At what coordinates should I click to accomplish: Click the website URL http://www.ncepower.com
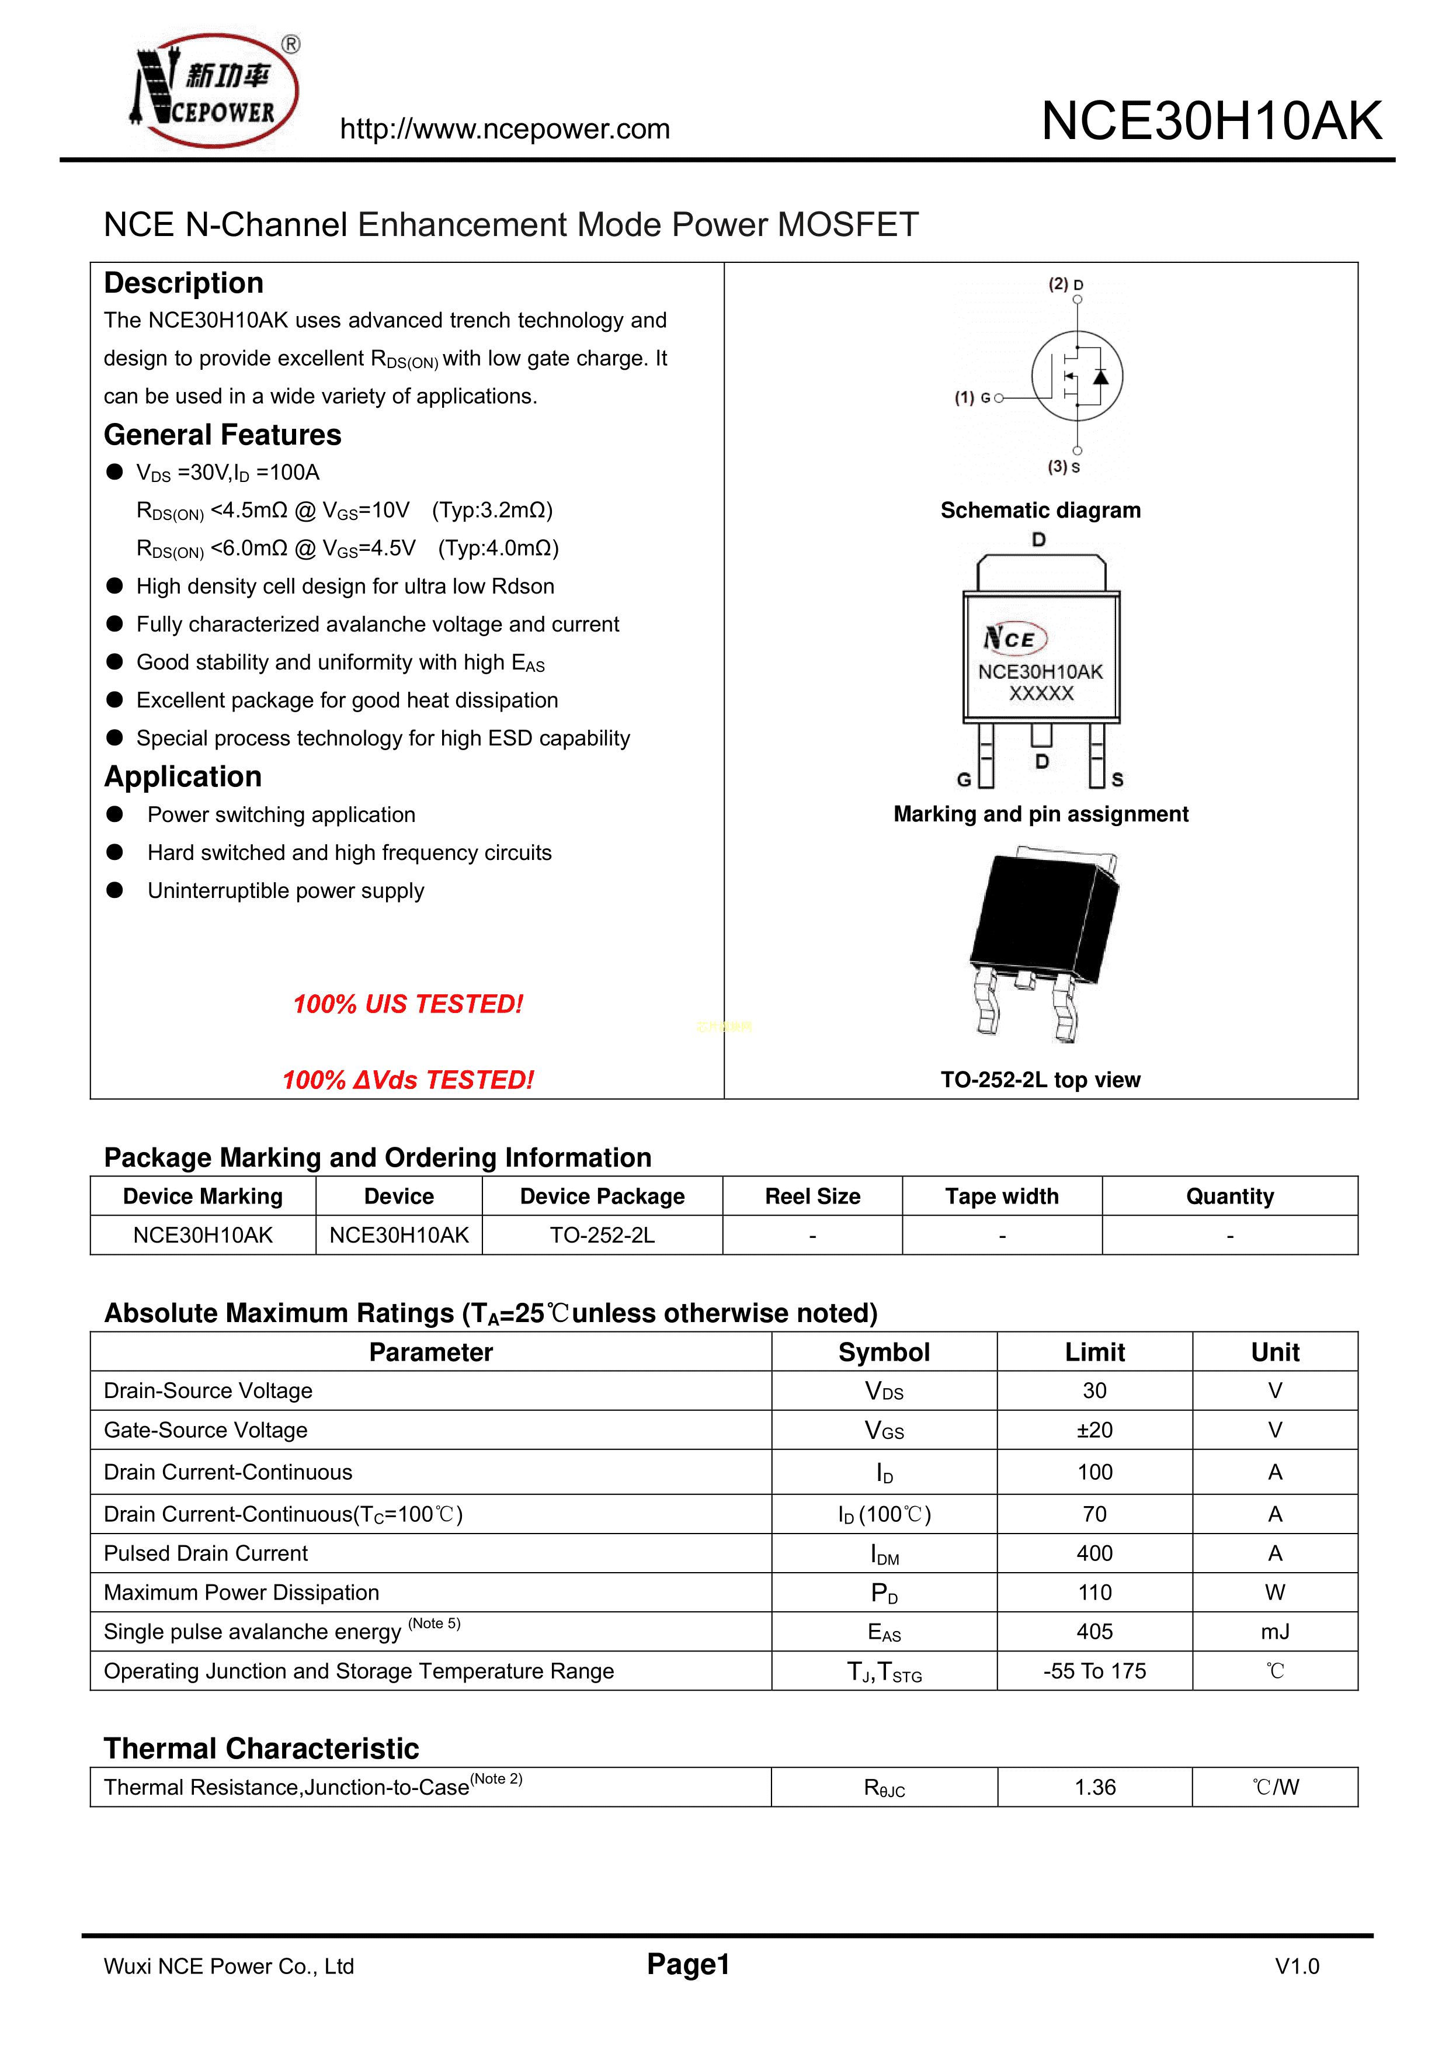coord(505,130)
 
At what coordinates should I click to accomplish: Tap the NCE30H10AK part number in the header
coord(1211,122)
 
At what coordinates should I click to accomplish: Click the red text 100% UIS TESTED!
coord(408,1004)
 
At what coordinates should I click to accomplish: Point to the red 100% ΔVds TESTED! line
coord(408,1080)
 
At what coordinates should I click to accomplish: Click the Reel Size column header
coord(812,1196)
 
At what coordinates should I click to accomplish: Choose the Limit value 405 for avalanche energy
coord(1094,1632)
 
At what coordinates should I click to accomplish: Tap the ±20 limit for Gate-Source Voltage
coord(1094,1430)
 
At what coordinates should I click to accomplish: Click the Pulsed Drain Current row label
coord(206,1553)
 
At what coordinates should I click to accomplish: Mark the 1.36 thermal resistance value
coord(1094,1788)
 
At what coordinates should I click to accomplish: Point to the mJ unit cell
coord(1275,1632)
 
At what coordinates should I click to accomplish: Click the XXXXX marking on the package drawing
coord(1041,693)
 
